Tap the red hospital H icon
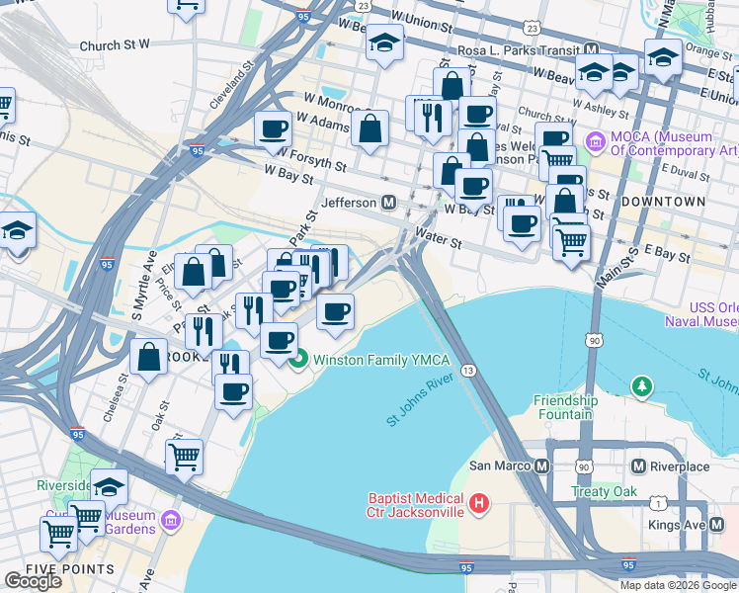(x=479, y=504)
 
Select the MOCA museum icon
(x=595, y=142)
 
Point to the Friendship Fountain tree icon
(x=642, y=383)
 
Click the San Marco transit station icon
(x=540, y=466)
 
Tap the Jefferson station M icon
(x=389, y=203)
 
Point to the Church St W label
(x=115, y=44)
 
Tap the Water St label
(x=439, y=240)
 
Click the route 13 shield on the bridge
(x=468, y=370)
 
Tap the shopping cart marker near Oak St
(x=184, y=456)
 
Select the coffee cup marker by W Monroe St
(x=273, y=127)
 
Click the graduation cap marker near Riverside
(x=109, y=484)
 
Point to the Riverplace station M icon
(x=638, y=466)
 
